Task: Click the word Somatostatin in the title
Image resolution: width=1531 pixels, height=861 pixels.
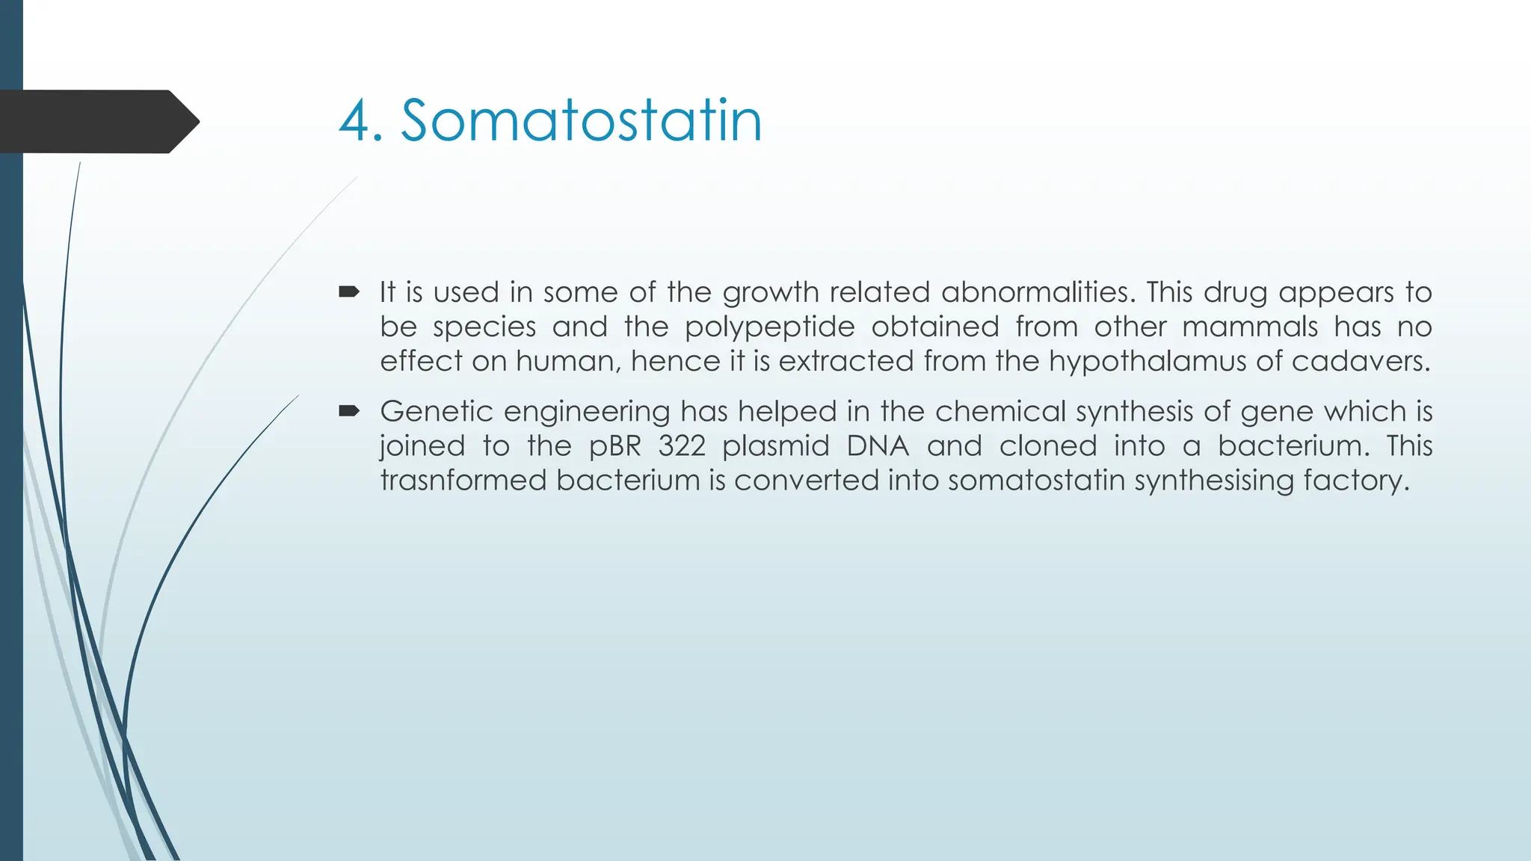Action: (x=581, y=121)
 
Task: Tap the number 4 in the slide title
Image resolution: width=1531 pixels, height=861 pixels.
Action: (x=355, y=123)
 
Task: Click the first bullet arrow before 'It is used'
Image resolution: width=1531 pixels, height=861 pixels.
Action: (x=348, y=291)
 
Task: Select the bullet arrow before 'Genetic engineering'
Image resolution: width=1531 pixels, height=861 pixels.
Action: (x=348, y=410)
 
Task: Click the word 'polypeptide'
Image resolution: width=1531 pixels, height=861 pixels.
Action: (x=769, y=327)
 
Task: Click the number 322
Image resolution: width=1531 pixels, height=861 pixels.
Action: (x=682, y=446)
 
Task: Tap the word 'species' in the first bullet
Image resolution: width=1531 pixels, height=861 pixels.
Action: (x=484, y=327)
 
